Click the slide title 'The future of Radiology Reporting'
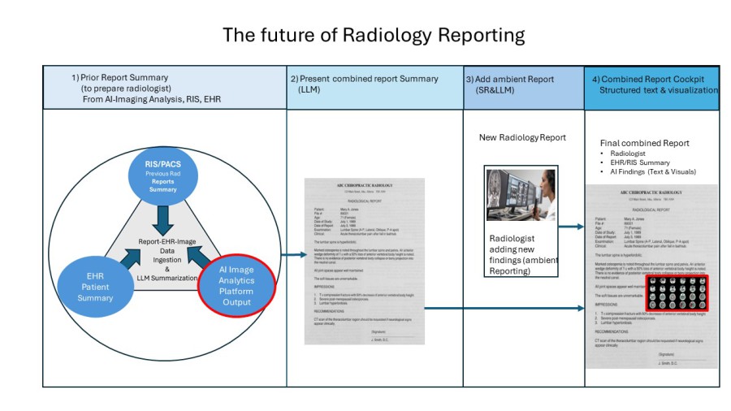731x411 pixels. coord(374,36)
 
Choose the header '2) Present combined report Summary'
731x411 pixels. coord(364,79)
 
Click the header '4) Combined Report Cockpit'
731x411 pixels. coord(647,79)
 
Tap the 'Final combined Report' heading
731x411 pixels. coord(644,143)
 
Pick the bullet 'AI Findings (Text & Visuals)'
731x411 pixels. coord(651,171)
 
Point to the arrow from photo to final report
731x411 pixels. coord(571,227)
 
